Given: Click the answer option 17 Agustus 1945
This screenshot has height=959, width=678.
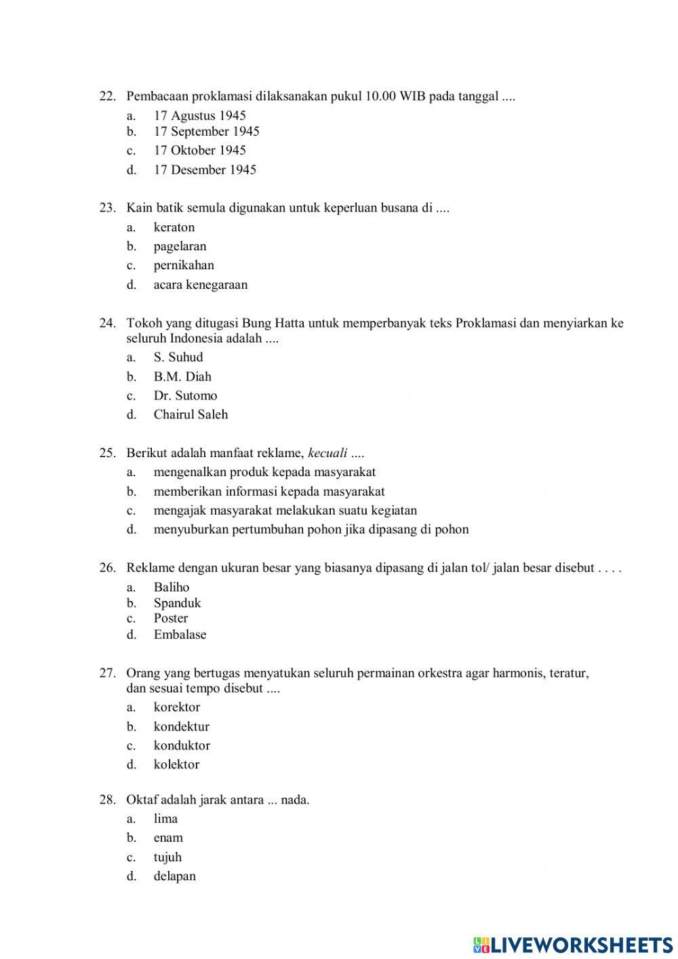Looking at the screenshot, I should (199, 116).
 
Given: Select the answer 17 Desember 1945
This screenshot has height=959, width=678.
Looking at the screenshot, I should (205, 170).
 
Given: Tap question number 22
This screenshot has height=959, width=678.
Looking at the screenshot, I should (107, 96).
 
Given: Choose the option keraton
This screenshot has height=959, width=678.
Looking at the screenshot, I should (174, 227).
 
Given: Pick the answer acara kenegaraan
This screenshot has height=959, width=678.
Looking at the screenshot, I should (200, 285).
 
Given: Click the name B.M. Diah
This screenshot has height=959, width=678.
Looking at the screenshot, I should (182, 377).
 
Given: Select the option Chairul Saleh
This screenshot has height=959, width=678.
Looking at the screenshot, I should (191, 414).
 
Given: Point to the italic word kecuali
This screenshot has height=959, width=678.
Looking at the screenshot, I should (327, 453).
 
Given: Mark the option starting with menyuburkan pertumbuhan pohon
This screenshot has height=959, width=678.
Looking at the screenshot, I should (311, 530).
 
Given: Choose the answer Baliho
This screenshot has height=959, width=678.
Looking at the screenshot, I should (171, 587).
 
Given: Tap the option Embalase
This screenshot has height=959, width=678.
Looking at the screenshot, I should (180, 635).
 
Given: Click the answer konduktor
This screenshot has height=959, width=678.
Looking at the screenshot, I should (182, 745).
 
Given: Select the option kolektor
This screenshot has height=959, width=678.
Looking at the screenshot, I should (176, 764).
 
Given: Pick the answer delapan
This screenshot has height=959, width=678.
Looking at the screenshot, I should (174, 876).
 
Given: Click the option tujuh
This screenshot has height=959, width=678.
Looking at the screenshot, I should (167, 857).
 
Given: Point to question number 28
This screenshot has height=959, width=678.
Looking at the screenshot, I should (107, 800).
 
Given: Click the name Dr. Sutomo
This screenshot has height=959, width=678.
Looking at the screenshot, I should (185, 396).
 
